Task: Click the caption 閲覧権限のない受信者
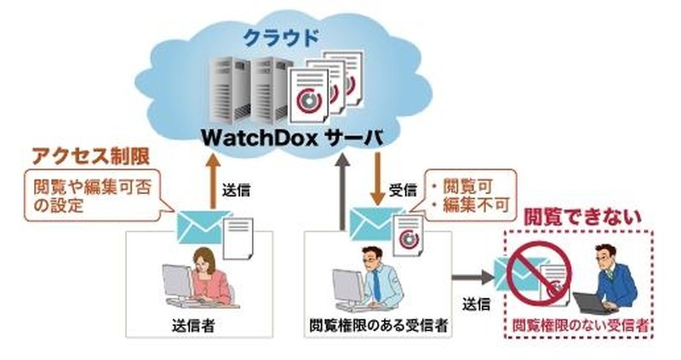[x=579, y=325]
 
